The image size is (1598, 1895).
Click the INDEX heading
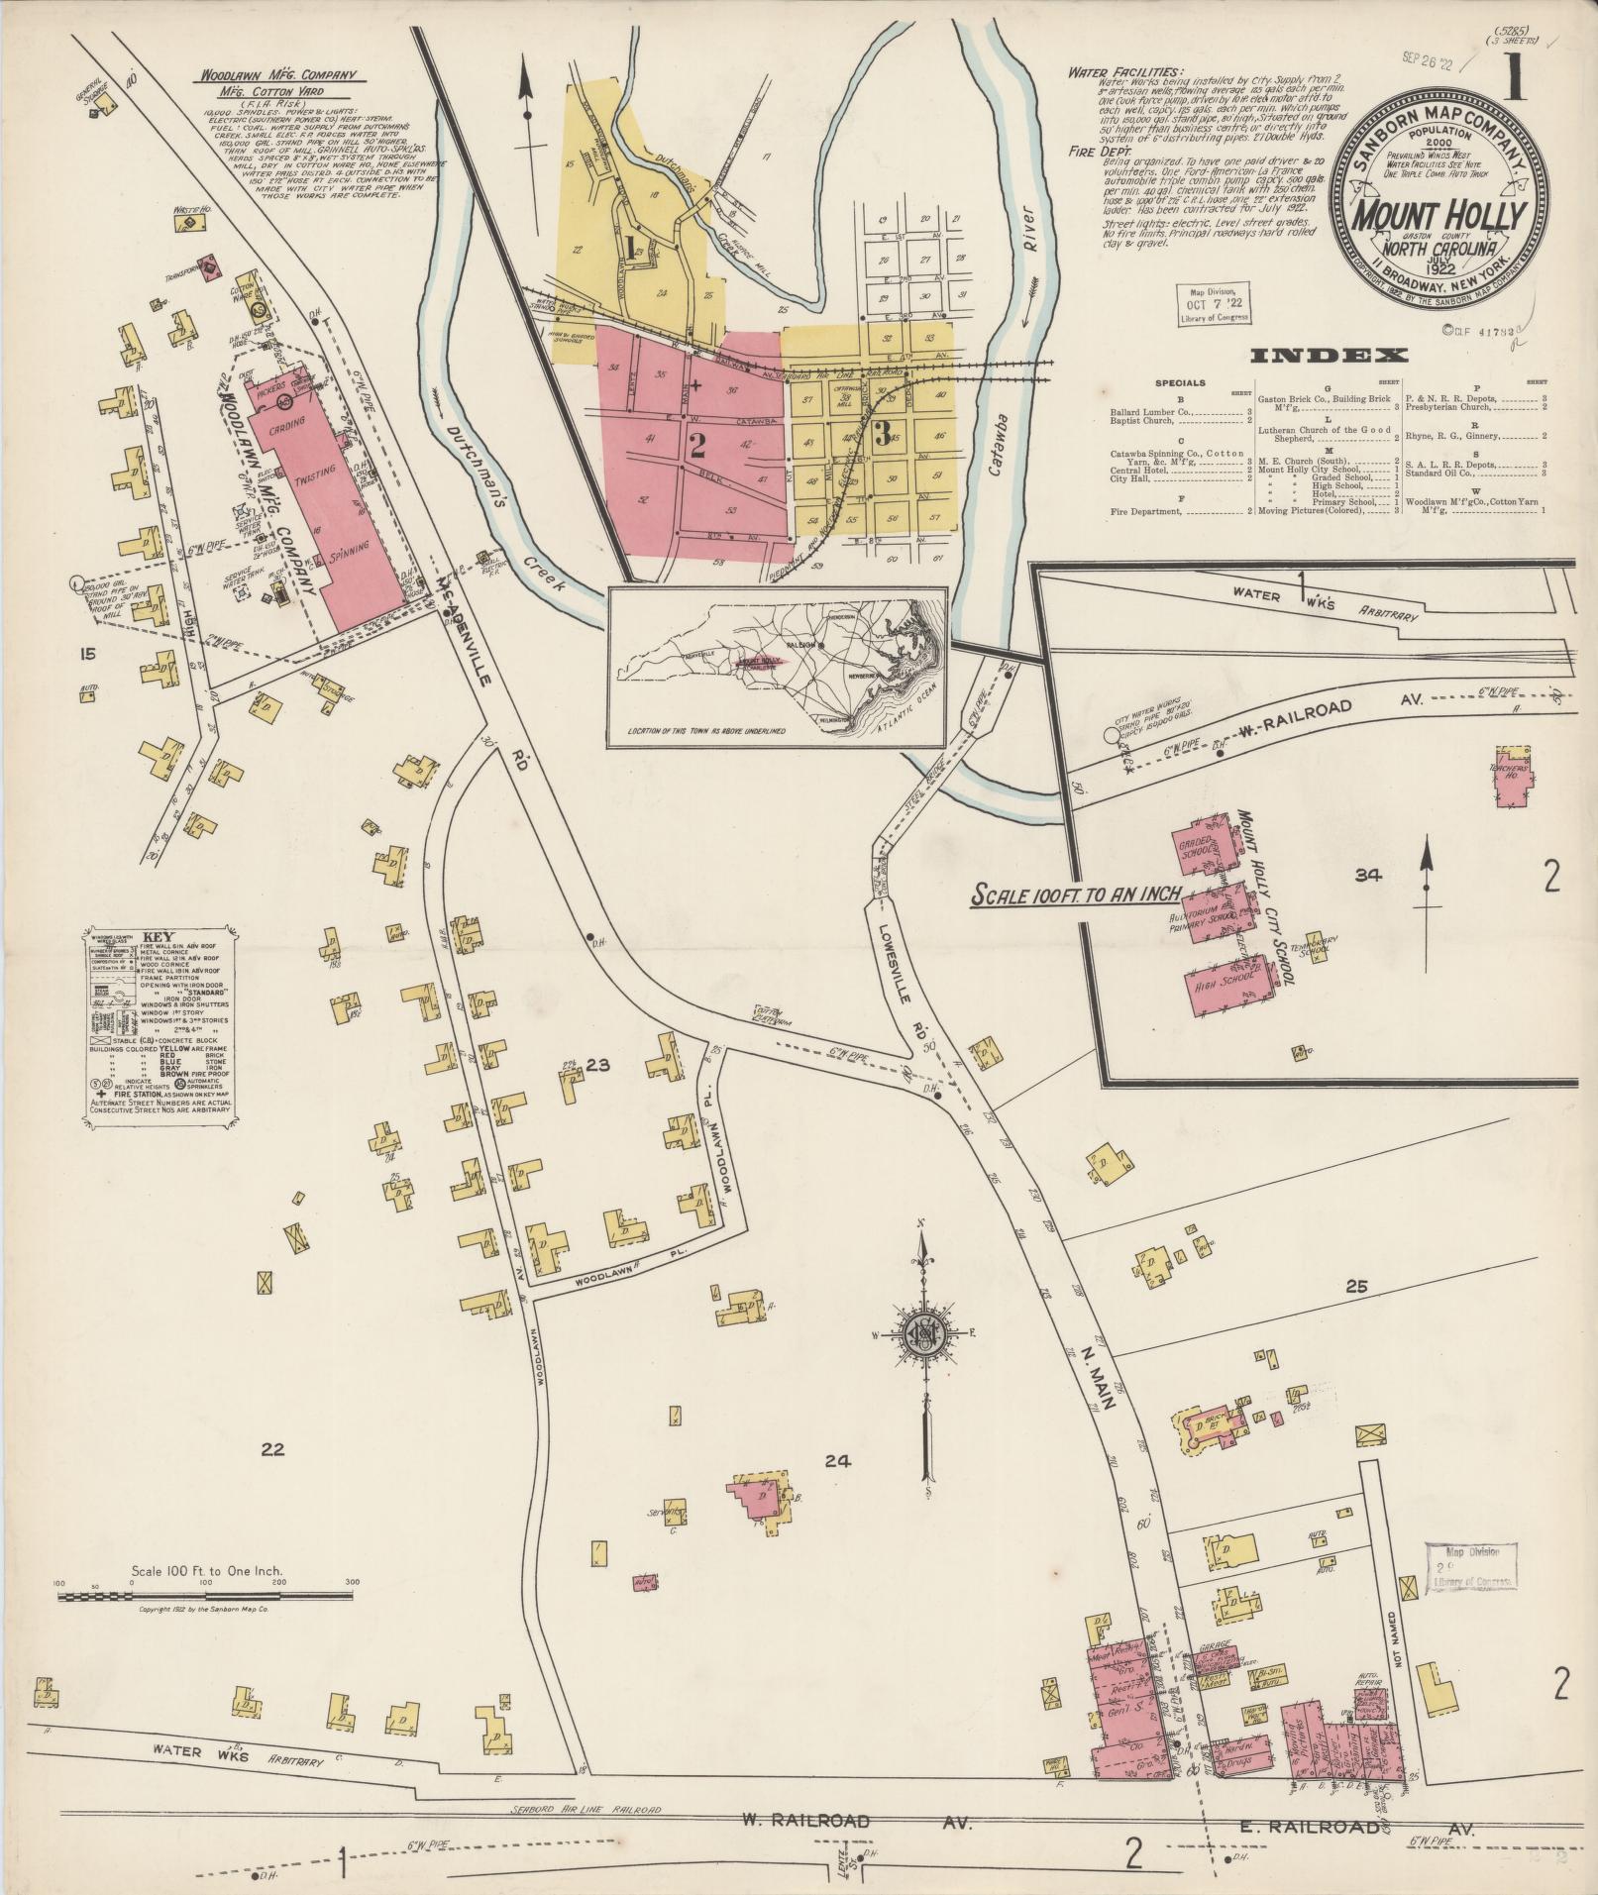1329,356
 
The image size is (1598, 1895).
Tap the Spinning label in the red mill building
352,548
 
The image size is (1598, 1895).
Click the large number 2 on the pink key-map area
696,446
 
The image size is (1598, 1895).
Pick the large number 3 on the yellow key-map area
881,432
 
